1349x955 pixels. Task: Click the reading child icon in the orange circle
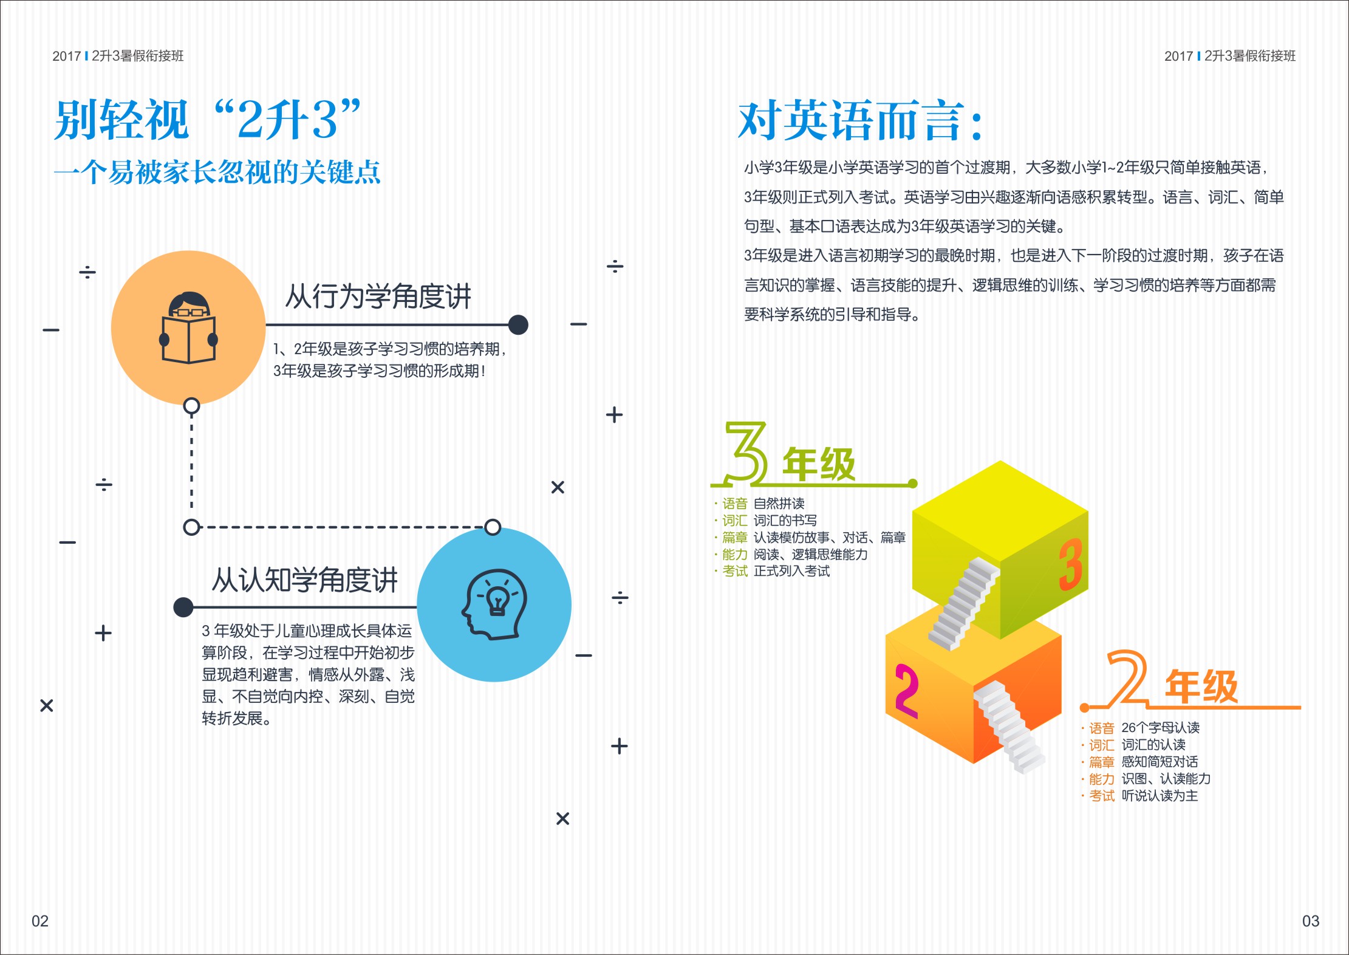pyautogui.click(x=189, y=328)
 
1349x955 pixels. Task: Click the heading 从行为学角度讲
pyautogui.click(x=378, y=296)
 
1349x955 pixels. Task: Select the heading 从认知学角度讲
pyautogui.click(x=304, y=580)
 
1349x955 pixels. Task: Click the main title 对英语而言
pyautogui.click(x=859, y=120)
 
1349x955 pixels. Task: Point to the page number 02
pyautogui.click(x=40, y=921)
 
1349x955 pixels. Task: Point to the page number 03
pyautogui.click(x=1311, y=921)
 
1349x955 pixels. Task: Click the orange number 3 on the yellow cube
pyautogui.click(x=1070, y=564)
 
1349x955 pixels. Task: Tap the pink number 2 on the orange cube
pyautogui.click(x=906, y=691)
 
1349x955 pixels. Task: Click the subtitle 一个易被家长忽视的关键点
pyautogui.click(x=217, y=172)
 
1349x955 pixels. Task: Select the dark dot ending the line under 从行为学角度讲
pyautogui.click(x=518, y=325)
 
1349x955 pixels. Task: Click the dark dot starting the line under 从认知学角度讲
pyautogui.click(x=183, y=607)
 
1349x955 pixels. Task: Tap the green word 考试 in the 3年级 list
pyautogui.click(x=735, y=571)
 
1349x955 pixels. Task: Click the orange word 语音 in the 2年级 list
pyautogui.click(x=1102, y=728)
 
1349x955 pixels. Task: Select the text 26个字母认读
pyautogui.click(x=1160, y=728)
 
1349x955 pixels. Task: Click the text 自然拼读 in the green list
pyautogui.click(x=779, y=504)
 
